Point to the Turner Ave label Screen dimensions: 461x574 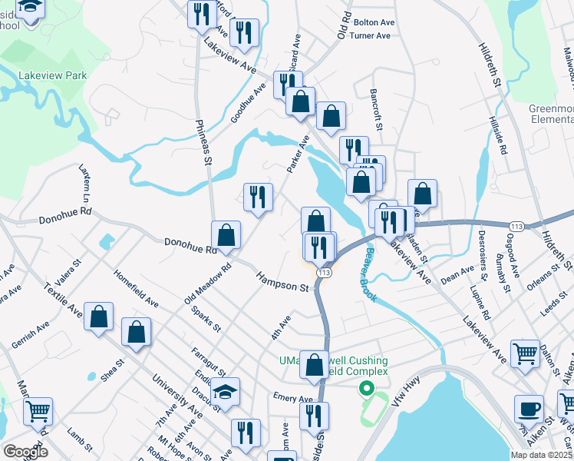tap(370, 35)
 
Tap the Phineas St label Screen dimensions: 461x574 tap(203, 141)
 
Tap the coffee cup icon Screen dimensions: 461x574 tap(528, 408)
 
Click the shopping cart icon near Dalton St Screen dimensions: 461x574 tap(526, 353)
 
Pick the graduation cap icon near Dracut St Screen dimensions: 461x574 tap(225, 391)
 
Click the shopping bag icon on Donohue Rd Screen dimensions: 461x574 tap(226, 234)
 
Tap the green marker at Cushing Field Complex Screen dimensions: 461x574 tap(367, 389)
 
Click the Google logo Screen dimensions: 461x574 tap(26, 452)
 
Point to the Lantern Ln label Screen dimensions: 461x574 tap(85, 189)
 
